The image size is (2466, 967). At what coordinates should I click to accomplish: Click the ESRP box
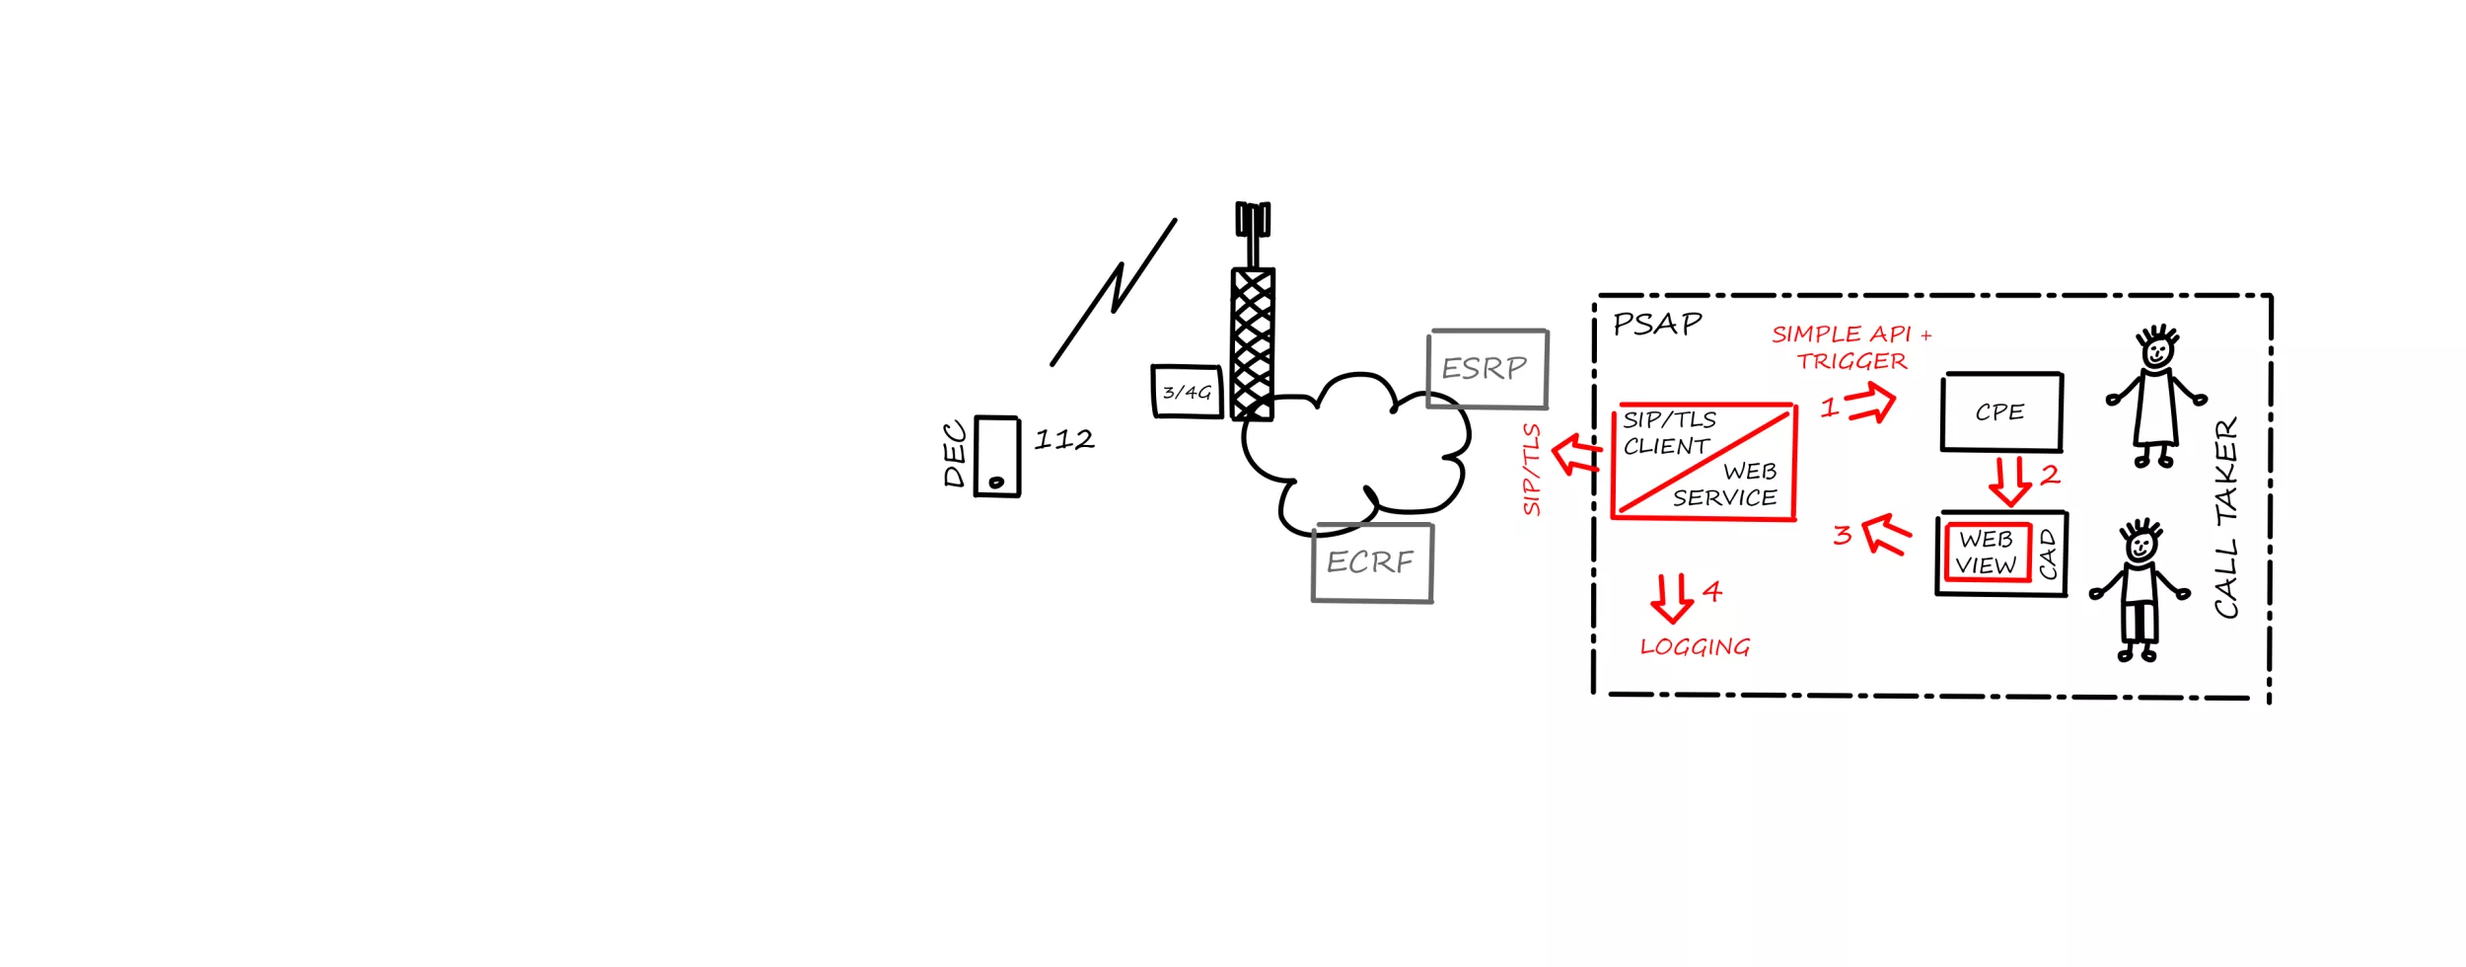pos(1487,369)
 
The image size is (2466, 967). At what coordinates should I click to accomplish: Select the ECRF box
pos(1371,562)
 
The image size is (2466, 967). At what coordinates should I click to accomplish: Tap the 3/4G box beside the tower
pos(1187,393)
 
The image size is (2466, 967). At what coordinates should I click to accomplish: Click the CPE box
pos(2001,411)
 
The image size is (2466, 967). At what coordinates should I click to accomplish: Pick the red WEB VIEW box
pos(1987,553)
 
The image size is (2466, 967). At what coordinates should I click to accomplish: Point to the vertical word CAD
pos(2049,555)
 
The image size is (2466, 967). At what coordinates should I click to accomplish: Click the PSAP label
pos(1657,324)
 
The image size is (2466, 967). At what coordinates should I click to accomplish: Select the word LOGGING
pos(1695,647)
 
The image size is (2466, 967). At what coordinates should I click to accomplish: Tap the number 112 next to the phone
pos(1063,439)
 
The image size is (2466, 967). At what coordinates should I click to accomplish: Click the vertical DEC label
pos(954,455)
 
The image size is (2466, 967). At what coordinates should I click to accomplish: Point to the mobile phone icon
pos(997,456)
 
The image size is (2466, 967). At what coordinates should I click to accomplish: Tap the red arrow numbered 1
pos(1871,403)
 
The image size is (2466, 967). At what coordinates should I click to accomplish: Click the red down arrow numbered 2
pos(2009,480)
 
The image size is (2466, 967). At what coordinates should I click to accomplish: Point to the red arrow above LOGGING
pos(1672,598)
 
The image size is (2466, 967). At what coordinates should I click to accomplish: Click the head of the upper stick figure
pos(2157,349)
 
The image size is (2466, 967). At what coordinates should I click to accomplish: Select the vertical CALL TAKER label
pos(2226,518)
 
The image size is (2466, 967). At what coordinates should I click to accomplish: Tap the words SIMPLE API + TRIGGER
pos(1851,347)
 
